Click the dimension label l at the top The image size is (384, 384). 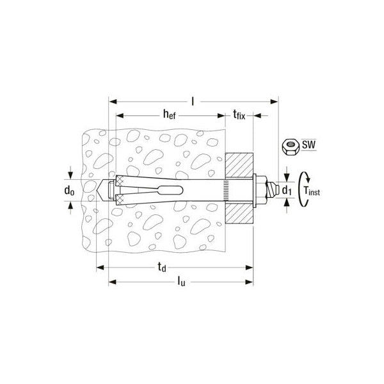pyautogui.click(x=193, y=101)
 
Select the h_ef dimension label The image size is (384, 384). pyautogui.click(x=170, y=115)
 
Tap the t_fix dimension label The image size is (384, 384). pyautogui.click(x=239, y=115)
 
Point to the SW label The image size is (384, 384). pyautogui.click(x=308, y=145)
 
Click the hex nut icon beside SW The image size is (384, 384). pyautogui.click(x=290, y=147)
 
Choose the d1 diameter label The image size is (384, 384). pyautogui.click(x=287, y=190)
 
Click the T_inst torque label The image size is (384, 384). pyautogui.click(x=312, y=190)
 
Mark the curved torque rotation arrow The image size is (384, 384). pyautogui.click(x=302, y=190)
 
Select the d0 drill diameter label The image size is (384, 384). pyautogui.click(x=69, y=190)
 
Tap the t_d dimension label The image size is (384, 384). pyautogui.click(x=162, y=267)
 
